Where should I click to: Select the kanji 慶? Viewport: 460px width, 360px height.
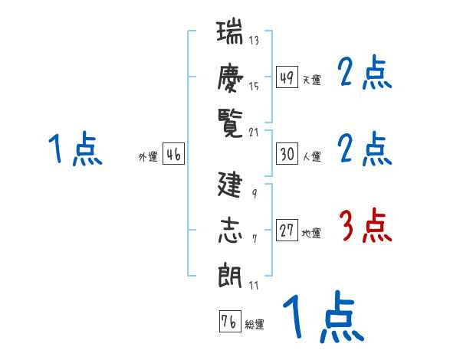[229, 77]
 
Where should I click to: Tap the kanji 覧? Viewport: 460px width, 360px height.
[229, 120]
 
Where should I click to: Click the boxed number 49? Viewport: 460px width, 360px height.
[287, 77]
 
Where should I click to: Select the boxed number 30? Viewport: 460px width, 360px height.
[287, 154]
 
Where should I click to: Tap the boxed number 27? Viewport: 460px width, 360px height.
[287, 231]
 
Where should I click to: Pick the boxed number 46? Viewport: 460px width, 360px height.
[173, 154]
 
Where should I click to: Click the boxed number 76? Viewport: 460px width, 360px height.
[228, 322]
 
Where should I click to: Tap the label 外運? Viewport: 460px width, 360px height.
[147, 157]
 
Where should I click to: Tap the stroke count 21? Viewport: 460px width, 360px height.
[254, 132]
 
